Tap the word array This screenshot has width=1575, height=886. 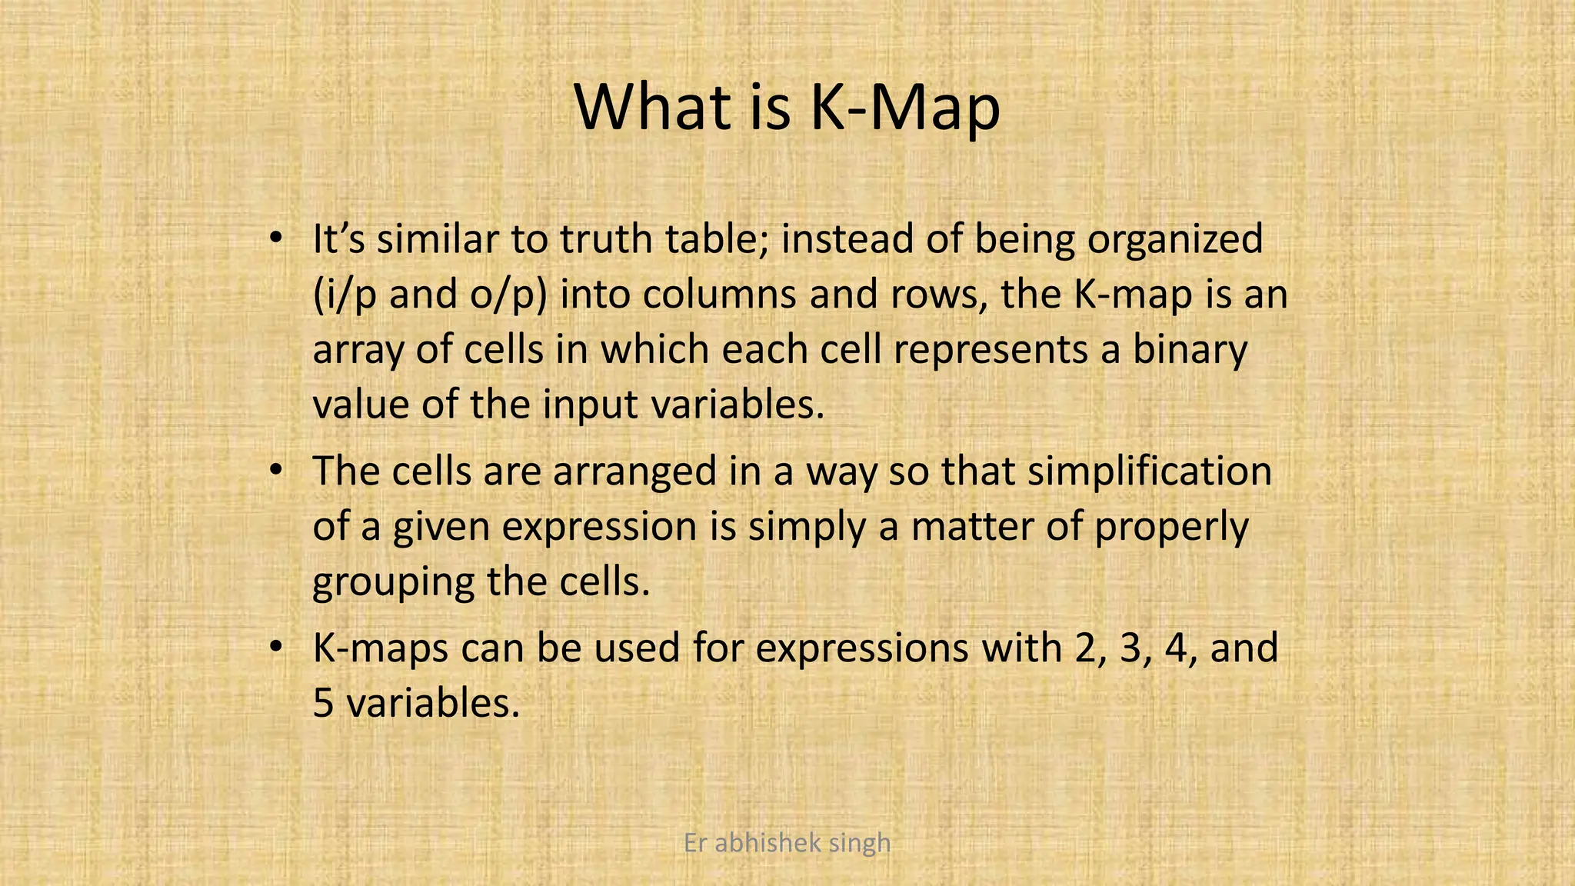coord(358,351)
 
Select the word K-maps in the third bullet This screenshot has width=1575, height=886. coord(381,648)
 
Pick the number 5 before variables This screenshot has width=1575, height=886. coord(323,703)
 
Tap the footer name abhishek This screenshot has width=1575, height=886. coord(757,843)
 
